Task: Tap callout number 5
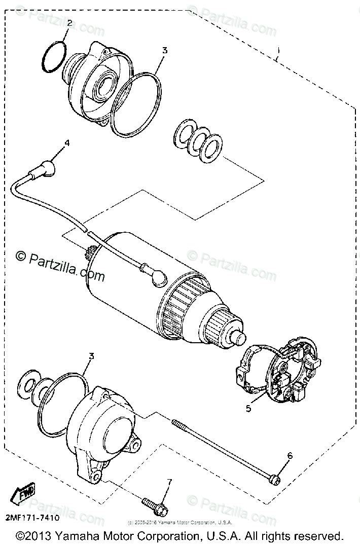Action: click(x=248, y=409)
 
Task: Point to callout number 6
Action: click(x=290, y=456)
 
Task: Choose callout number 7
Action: click(x=170, y=481)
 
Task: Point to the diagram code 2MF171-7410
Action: click(x=32, y=518)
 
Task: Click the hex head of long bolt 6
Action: click(x=274, y=478)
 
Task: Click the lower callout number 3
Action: click(x=91, y=356)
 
